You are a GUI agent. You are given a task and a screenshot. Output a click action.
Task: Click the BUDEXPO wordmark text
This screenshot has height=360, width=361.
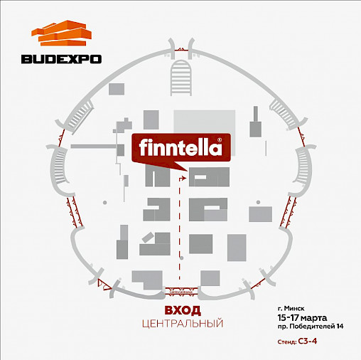61,59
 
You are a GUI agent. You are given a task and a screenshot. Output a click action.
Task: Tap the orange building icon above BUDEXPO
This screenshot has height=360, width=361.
61,33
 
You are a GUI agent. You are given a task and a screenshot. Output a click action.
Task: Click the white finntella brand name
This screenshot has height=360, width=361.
180,147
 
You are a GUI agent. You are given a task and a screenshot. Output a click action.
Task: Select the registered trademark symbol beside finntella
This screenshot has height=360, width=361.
220,139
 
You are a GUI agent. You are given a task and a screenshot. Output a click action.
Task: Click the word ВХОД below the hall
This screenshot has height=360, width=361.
183,310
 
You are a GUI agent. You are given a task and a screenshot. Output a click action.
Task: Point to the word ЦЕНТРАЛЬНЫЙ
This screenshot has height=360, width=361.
183,324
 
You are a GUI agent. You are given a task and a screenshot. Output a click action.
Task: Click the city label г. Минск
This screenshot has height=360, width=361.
291,308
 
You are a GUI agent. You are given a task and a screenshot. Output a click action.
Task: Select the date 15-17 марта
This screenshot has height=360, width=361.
302,317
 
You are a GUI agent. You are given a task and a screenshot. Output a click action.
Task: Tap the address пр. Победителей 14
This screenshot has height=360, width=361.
311,327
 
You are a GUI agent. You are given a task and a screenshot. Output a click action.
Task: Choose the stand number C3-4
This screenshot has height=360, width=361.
308,342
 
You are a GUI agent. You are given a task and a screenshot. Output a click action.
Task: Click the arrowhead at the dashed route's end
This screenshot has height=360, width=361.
184,178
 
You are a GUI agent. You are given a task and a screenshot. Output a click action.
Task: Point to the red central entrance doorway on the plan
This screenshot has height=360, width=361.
181,291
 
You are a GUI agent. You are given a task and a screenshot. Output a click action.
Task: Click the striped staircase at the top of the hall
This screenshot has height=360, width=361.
181,78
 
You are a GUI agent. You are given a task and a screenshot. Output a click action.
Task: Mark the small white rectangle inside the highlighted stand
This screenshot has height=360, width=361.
200,177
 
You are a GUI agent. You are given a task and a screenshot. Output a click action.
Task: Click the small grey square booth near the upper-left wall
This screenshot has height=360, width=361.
117,89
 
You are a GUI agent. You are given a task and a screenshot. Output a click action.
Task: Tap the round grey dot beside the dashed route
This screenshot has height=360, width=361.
182,258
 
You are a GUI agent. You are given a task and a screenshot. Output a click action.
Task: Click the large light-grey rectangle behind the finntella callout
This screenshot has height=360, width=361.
205,122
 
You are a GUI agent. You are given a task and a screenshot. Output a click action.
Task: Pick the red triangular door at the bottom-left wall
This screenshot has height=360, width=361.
104,284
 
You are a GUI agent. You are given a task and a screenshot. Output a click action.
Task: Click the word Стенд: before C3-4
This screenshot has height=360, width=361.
287,342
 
